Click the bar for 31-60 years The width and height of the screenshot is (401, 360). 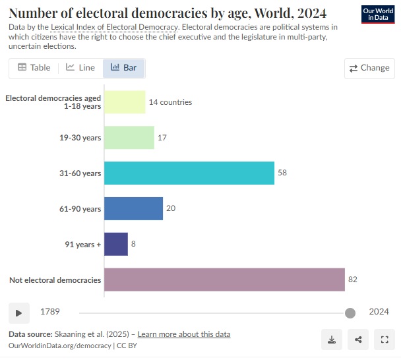(x=189, y=173)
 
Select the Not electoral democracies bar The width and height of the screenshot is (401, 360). (x=224, y=280)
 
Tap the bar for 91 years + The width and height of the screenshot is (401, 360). (x=116, y=244)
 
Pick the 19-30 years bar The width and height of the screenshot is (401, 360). (x=129, y=137)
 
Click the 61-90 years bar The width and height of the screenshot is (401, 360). (x=133, y=208)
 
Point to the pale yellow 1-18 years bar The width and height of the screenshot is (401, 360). (x=125, y=102)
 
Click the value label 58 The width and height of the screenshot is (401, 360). (x=282, y=173)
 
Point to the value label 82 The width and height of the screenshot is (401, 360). (x=353, y=280)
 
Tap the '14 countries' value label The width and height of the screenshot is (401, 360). (x=170, y=102)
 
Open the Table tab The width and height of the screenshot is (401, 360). (x=34, y=68)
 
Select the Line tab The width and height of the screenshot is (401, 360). (x=80, y=68)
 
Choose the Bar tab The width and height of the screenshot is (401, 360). (x=124, y=68)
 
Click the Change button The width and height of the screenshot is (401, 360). (x=369, y=68)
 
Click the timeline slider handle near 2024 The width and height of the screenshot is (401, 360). (x=350, y=313)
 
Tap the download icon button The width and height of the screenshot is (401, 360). (x=332, y=340)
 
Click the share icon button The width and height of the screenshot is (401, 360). (x=358, y=340)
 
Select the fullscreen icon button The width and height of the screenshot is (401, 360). (x=384, y=340)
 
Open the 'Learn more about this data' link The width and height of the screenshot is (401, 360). (x=184, y=334)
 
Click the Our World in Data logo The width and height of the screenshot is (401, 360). (x=379, y=15)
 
